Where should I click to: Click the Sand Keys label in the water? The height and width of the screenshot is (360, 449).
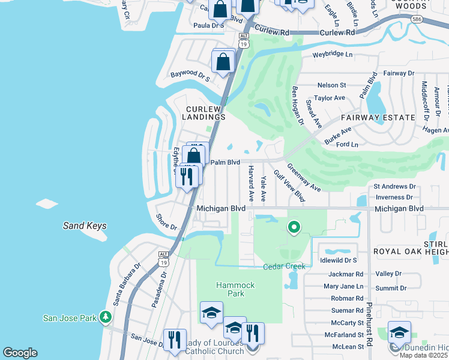85,226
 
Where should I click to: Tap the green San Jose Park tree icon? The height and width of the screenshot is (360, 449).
106,316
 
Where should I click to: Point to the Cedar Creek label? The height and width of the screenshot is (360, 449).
284,266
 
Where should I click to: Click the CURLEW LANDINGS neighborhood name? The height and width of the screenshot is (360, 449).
205,113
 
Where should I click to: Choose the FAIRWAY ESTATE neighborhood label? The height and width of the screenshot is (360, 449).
378,118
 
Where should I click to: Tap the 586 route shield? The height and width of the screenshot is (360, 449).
417,20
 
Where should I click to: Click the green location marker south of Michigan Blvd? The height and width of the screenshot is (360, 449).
294,227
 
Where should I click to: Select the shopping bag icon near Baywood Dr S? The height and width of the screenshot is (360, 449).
223,62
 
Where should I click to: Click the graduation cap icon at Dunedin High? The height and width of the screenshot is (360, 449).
399,333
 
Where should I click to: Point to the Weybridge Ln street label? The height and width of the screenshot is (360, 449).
332,55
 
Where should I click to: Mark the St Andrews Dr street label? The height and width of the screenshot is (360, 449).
394,187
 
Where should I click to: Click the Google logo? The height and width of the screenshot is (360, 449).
20,353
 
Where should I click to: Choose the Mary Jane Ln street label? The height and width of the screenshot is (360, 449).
343,286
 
